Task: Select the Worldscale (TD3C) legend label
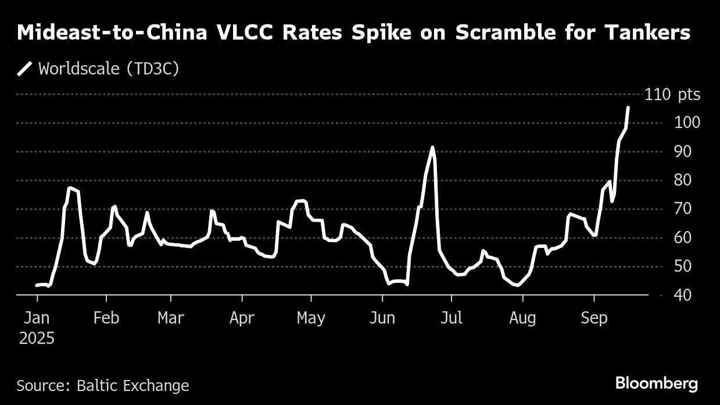point(109,69)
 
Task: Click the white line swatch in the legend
point(24,69)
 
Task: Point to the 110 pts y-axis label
point(672,94)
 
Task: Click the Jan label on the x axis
point(37,318)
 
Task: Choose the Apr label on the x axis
point(242,318)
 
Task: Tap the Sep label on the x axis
point(594,318)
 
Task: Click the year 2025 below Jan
point(37,338)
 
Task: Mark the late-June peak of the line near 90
point(432,147)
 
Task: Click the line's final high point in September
point(628,108)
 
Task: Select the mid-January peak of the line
point(70,188)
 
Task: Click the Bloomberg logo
point(656,383)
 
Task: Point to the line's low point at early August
point(517,285)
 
